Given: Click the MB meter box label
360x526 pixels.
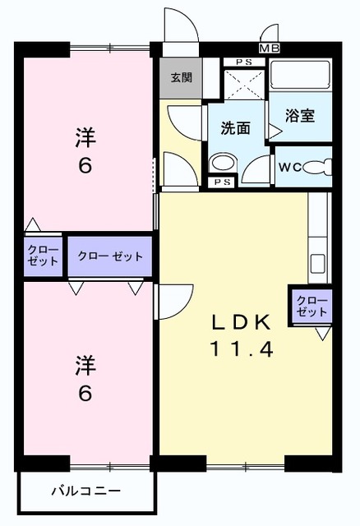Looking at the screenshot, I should (x=269, y=48).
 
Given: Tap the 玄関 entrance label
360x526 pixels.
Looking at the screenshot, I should (x=181, y=79).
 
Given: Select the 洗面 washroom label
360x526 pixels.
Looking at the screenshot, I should (x=235, y=128).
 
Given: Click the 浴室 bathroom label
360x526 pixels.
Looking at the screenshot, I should (x=301, y=117).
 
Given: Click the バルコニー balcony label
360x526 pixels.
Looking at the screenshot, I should (x=85, y=491).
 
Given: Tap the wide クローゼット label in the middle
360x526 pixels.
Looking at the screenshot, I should (x=110, y=256).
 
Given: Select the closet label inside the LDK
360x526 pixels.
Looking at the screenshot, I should (x=312, y=306).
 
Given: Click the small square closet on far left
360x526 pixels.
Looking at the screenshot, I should (x=43, y=256).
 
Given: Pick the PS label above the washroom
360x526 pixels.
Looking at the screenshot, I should (x=244, y=62).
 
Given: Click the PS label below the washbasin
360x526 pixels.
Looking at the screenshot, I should (x=220, y=182).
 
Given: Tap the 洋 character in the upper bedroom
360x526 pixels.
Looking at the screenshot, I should (x=85, y=137).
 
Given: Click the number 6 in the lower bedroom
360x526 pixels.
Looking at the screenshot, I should (x=85, y=393).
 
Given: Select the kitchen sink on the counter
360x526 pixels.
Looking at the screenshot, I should (x=318, y=266).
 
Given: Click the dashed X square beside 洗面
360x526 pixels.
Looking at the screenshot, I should (x=244, y=87).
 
